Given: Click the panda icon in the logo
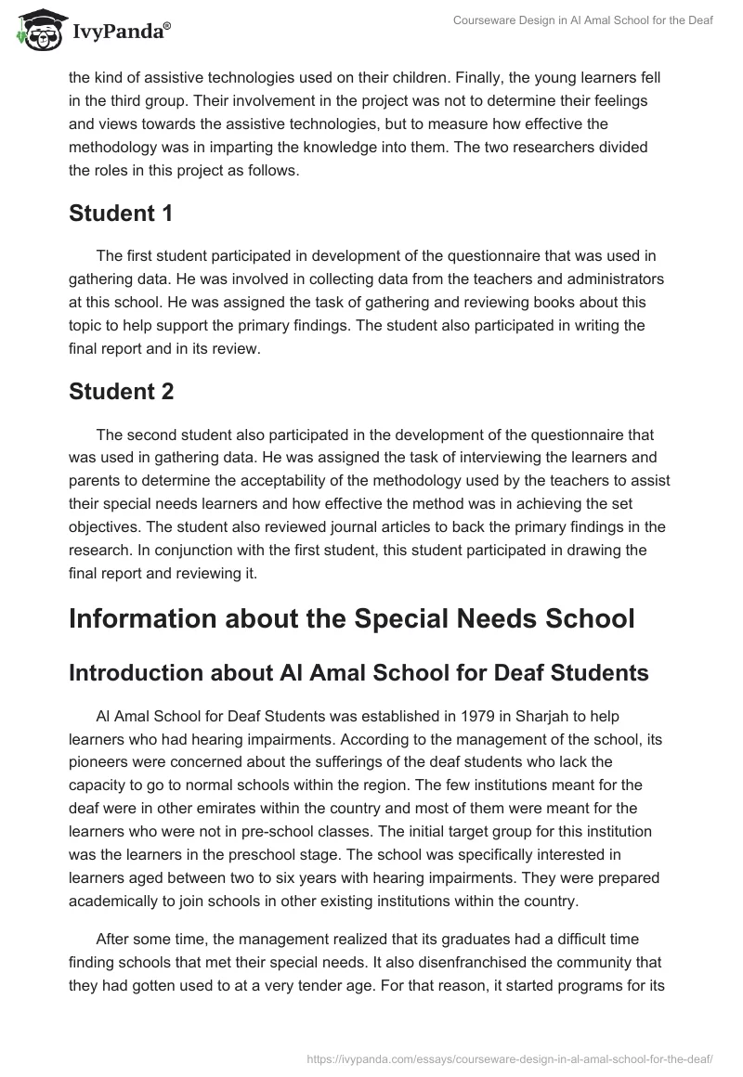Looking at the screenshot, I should click(x=37, y=30).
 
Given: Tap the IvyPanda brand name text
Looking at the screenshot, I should click(x=121, y=32).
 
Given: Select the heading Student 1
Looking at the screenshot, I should click(x=121, y=213).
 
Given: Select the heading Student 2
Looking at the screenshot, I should click(x=121, y=392).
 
